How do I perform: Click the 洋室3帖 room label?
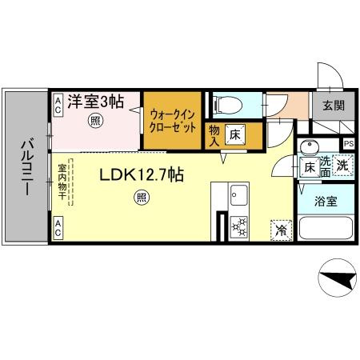pyautogui.click(x=94, y=102)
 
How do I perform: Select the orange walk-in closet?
pyautogui.click(x=172, y=121)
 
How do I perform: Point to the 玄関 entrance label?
pyautogui.click(x=334, y=105)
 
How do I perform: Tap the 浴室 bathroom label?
pyautogui.click(x=325, y=201)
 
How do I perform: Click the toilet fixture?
pyautogui.click(x=226, y=105)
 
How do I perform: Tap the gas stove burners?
pyautogui.click(x=238, y=226)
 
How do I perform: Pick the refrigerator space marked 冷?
pyautogui.click(x=281, y=229)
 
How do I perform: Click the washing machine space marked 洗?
pyautogui.click(x=342, y=166)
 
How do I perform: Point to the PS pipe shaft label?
pyautogui.click(x=348, y=144)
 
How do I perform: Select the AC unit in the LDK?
pyautogui.click(x=58, y=226)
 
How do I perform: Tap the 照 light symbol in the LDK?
pyautogui.click(x=142, y=196)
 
